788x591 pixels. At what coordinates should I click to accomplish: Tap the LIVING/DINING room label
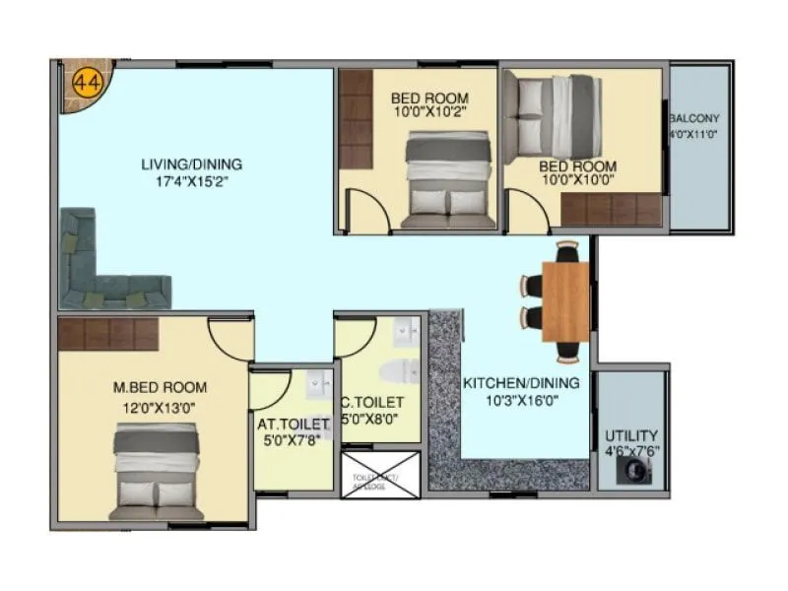(192, 164)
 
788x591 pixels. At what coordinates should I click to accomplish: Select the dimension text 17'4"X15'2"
(192, 181)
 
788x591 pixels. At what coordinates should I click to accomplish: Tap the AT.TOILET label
(294, 425)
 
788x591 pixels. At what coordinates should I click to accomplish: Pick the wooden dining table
(565, 301)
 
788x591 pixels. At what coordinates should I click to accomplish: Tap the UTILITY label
(631, 434)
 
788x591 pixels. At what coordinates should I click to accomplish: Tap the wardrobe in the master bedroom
(107, 334)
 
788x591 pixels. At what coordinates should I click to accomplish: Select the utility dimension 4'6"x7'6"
(631, 450)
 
